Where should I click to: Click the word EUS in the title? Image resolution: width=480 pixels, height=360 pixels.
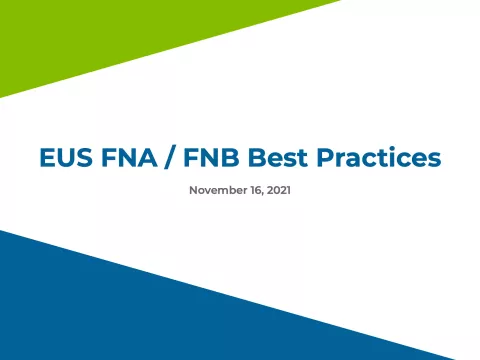click(x=63, y=158)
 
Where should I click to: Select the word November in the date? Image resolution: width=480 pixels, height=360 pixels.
click(x=217, y=188)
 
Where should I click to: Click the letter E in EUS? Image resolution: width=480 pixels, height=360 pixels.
click(x=46, y=158)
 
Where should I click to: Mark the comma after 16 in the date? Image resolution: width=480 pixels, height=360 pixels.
click(x=262, y=191)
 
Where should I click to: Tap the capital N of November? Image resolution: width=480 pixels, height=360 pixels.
click(x=193, y=188)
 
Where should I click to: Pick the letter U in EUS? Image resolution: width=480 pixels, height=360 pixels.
click(x=63, y=158)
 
